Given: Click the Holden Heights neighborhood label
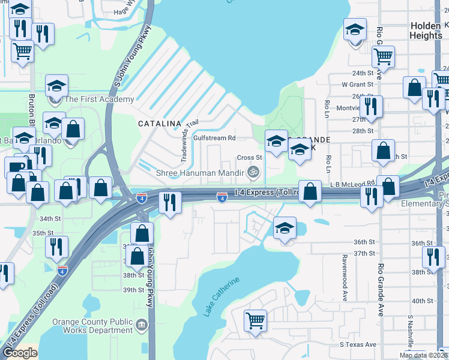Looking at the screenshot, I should tap(426, 31).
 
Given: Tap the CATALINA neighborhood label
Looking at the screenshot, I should tap(160, 123).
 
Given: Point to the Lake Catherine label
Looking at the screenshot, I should tap(221, 296).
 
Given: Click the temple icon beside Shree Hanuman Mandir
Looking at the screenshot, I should tap(254, 173).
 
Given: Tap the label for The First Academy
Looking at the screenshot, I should tap(99, 100).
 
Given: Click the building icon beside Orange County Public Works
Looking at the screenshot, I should tap(142, 326).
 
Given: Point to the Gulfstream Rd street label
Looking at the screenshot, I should tap(214, 137).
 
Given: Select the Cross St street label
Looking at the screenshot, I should tap(246, 158).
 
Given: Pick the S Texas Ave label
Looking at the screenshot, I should tap(358, 344).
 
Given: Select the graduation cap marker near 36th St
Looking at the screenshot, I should tap(285, 228).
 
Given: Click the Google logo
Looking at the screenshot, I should tap(19, 353).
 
